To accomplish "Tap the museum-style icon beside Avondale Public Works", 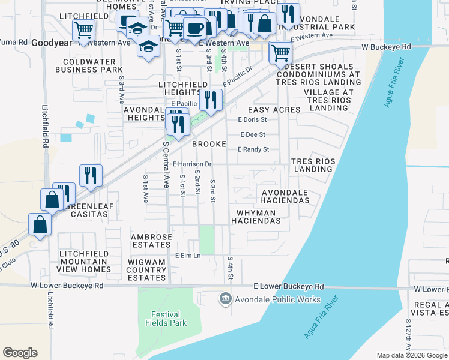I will click(x=226, y=299).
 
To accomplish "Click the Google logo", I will click(x=20, y=353).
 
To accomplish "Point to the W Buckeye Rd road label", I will click(x=385, y=46).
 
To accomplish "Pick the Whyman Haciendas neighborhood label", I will click(x=256, y=217).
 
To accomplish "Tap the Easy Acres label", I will click(x=274, y=110).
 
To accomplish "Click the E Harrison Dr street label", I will click(x=192, y=164).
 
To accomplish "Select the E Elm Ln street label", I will click(x=187, y=256).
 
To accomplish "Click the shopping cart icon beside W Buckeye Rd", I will click(x=280, y=52).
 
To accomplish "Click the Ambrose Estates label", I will click(x=151, y=241).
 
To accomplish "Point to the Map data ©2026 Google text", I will click(x=411, y=355).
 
